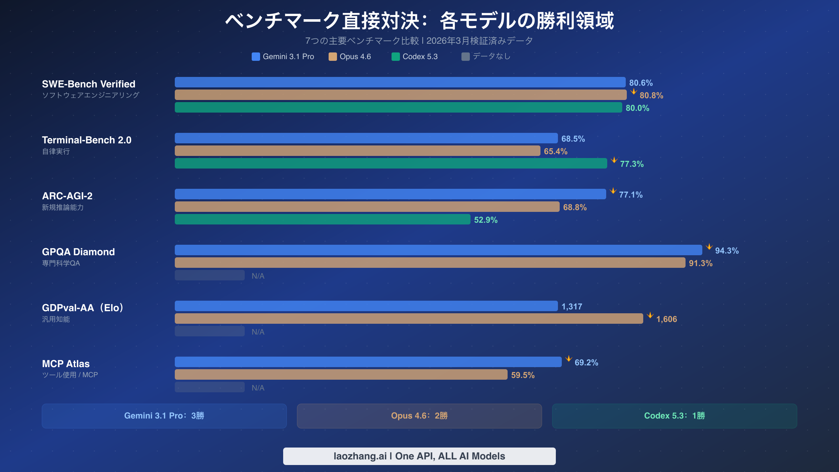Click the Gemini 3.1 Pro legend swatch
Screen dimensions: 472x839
coord(256,57)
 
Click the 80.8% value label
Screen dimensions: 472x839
coord(651,95)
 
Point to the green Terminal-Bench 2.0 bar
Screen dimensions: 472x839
coord(391,163)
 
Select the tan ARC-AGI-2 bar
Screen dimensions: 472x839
coord(367,207)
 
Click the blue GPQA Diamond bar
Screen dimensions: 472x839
coord(438,250)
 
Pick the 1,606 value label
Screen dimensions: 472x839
coord(666,319)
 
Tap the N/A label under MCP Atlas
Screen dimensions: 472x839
coord(258,388)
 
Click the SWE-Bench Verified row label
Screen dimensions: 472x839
coord(88,84)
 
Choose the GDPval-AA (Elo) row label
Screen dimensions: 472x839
coord(83,308)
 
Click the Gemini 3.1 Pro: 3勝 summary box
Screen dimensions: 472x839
coord(164,416)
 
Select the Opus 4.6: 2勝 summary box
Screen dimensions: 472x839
coord(419,416)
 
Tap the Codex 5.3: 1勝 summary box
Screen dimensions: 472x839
coord(674,416)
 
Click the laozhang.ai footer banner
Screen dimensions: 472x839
coord(419,456)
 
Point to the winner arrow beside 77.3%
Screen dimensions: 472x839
coord(614,160)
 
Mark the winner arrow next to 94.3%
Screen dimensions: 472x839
coord(709,247)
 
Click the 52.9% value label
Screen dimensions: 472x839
coord(486,220)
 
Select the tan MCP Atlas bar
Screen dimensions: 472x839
coord(341,374)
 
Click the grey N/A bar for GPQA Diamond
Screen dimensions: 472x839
coord(210,275)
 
